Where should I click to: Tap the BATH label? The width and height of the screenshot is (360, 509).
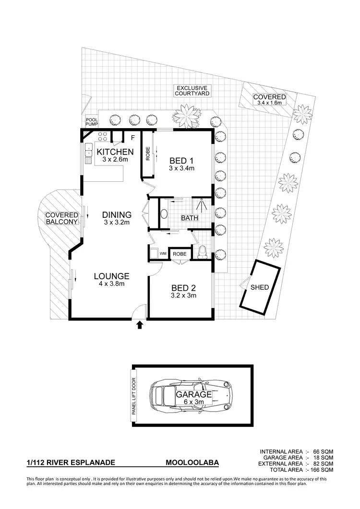click(189, 218)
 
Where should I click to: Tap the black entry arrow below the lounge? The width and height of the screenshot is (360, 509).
click(140, 326)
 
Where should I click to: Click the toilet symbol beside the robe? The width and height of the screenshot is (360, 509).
click(202, 251)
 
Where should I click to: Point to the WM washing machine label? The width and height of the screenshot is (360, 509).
click(163, 253)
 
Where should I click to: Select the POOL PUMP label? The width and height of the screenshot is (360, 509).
click(91, 122)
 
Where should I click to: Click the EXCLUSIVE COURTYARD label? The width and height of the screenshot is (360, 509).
click(192, 91)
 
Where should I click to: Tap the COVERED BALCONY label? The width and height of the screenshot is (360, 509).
click(61, 218)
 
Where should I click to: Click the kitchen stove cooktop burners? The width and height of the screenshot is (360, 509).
click(101, 136)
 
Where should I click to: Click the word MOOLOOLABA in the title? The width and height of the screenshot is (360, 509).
click(192, 463)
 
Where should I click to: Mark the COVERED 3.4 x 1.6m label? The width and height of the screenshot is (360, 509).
click(269, 99)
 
